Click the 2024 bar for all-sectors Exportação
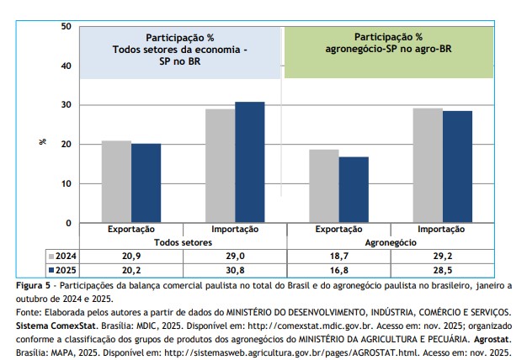click(x=116, y=182)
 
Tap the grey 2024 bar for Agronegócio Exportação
click(x=324, y=186)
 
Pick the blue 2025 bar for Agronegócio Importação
click(x=457, y=167)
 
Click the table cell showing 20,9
click(x=130, y=255)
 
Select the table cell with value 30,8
click(x=235, y=270)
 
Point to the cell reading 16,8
click(x=339, y=270)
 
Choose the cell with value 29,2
click(x=444, y=255)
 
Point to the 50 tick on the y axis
click(x=65, y=27)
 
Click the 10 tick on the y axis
click(x=65, y=183)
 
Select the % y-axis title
click(x=43, y=141)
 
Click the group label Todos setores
click(x=183, y=241)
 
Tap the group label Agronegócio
click(x=391, y=241)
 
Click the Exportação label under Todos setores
click(x=130, y=229)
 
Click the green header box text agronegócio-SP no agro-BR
click(x=388, y=50)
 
